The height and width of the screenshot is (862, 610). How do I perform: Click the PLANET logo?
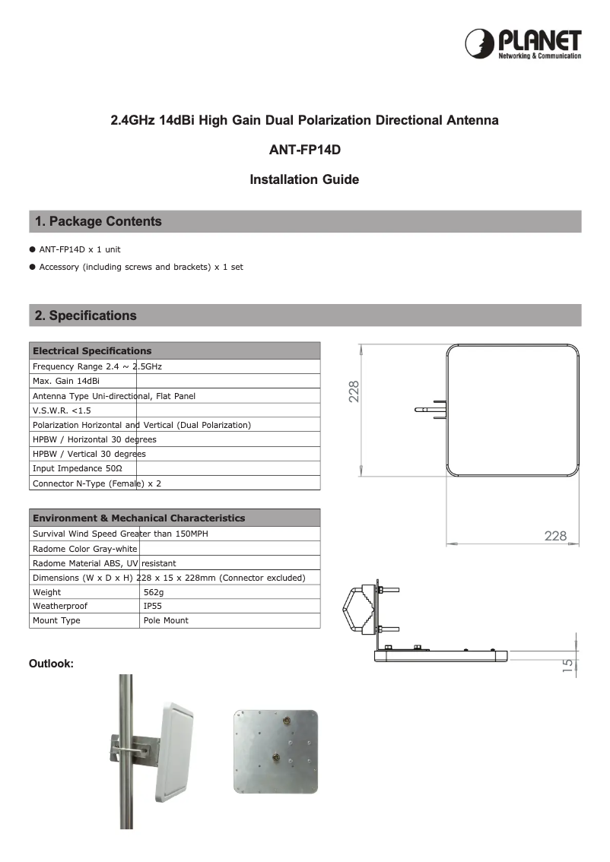coord(523,44)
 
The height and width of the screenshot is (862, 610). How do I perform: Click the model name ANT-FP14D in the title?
coord(304,150)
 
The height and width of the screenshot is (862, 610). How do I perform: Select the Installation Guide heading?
coord(304,180)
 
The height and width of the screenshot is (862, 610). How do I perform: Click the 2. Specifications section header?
coord(86,315)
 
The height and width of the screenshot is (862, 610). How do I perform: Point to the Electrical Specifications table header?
coord(92,351)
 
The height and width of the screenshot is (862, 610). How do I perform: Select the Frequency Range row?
coord(97,366)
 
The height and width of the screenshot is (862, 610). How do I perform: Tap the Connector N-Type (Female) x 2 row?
coord(97,483)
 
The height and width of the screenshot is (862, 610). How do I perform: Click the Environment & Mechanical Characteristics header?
coord(138,518)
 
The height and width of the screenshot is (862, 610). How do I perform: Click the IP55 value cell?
coord(152,607)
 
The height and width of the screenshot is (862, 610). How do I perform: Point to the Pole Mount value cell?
coord(166,621)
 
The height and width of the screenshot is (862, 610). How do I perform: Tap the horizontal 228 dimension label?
coord(555,537)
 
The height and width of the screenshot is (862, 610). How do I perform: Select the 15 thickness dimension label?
coord(567,665)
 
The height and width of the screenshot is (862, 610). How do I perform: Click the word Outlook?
coord(51,664)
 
